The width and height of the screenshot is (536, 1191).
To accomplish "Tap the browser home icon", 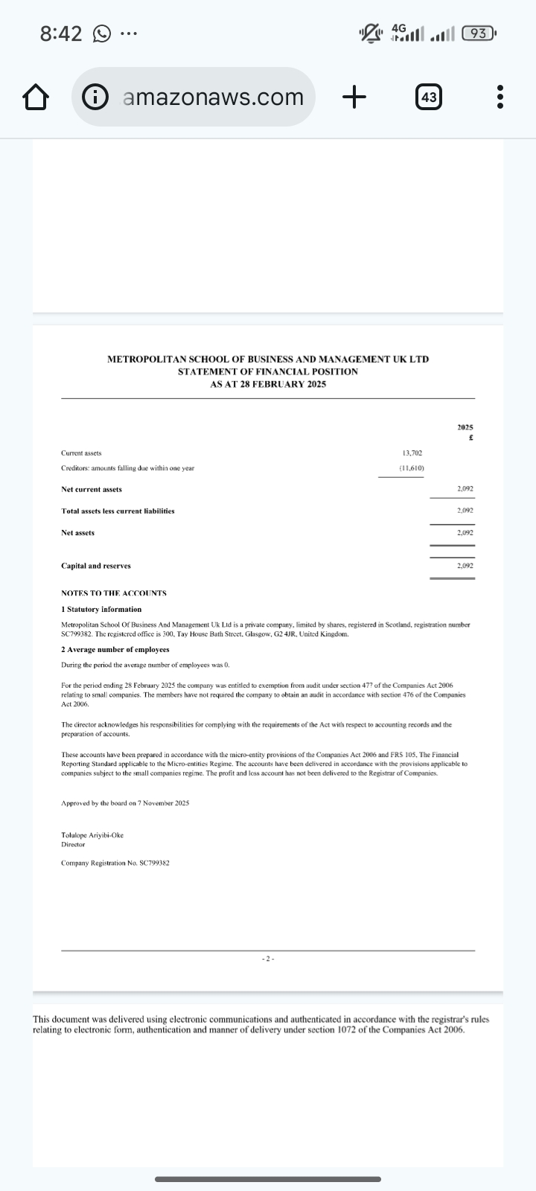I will tap(35, 97).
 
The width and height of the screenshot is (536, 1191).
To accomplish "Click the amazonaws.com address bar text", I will tap(212, 97).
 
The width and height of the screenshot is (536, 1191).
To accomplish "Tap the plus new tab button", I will tap(355, 97).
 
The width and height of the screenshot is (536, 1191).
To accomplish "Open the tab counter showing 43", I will tap(428, 97).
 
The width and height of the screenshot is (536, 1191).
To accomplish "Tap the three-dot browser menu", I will tap(500, 97).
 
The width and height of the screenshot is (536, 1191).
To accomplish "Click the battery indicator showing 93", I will tap(479, 33).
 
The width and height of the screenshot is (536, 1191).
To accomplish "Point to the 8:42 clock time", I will tap(61, 33).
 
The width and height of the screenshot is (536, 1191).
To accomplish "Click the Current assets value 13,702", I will tap(412, 453).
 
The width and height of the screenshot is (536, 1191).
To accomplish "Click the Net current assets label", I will tap(92, 489).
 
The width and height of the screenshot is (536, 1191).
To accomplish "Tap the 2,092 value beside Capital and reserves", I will tap(465, 566).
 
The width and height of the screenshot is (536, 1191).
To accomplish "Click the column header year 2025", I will tap(465, 427).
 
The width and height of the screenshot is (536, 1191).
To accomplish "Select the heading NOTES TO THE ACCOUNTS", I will tap(114, 593).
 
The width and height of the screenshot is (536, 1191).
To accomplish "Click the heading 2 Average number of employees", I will tap(115, 649).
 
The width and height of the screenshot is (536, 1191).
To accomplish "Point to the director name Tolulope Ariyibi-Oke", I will tap(92, 834).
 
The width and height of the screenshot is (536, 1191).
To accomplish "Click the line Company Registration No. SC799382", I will tap(115, 863).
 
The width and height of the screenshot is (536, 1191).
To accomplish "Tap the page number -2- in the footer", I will tap(268, 959).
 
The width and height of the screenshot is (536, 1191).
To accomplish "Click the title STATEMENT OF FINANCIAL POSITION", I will tap(268, 371).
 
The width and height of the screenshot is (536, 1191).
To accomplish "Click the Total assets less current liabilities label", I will tap(118, 511).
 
